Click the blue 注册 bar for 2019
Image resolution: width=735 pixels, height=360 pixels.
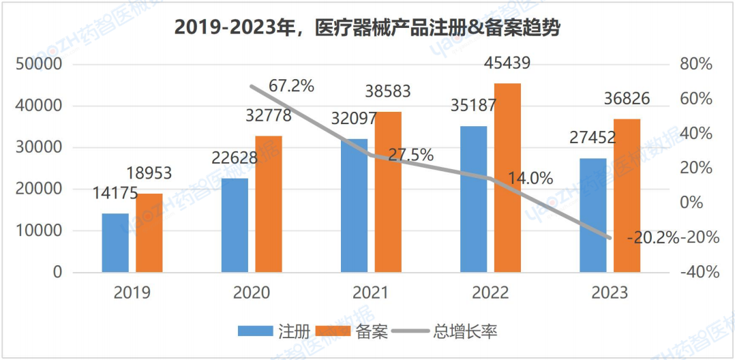pyautogui.click(x=115, y=243)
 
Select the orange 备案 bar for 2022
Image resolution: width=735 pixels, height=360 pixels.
pyautogui.click(x=507, y=177)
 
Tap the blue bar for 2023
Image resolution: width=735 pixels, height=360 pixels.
pyautogui.click(x=592, y=215)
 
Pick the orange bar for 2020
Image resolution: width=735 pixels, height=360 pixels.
pyautogui.click(x=269, y=204)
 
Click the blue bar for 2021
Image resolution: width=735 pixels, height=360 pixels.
pyautogui.click(x=354, y=205)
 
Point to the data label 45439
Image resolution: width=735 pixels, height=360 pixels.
pyautogui.click(x=507, y=63)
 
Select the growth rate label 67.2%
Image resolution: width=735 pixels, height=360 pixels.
pyautogui.click(x=291, y=86)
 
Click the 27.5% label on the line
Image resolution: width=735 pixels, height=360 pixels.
pyautogui.click(x=410, y=155)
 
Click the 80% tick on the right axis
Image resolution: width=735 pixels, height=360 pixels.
pyautogui.click(x=695, y=65)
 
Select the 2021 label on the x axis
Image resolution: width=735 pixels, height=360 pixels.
pyautogui.click(x=370, y=293)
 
